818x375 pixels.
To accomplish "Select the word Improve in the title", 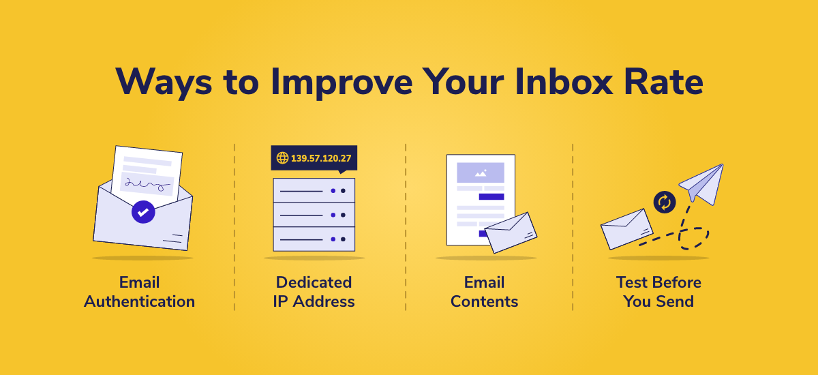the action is pos(342,82).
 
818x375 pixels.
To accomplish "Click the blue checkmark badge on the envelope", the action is pos(143,212).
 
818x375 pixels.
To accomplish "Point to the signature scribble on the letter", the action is pos(147,184).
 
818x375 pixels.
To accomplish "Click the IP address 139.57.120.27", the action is pos(321,158).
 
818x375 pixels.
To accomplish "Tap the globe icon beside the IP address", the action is pos(282,157).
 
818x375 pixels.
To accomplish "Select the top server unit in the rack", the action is pos(314,190).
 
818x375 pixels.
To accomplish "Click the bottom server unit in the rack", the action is pos(314,239).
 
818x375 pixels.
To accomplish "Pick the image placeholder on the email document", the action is pos(481,172).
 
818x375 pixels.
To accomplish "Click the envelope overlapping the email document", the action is pos(511,232).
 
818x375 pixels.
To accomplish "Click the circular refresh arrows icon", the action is pos(664,202).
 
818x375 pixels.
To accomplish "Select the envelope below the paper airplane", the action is pos(626,229).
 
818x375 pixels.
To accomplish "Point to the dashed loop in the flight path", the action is pos(694,239).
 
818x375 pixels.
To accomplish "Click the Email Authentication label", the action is pos(139,292).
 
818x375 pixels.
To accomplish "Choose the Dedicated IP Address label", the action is pos(314,292).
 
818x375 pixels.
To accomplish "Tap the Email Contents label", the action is pos(484,292).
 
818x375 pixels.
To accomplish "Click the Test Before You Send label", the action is pos(658,292).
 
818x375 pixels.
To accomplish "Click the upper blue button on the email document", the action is pos(491,197).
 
